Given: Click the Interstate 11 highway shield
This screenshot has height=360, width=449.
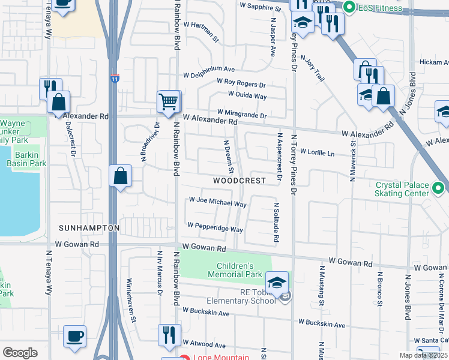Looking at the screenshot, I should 114,79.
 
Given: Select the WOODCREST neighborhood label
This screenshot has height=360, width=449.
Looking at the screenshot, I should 239,181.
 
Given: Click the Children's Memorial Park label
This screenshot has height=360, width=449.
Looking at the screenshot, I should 240,270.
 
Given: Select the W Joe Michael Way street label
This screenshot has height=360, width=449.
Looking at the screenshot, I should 217,202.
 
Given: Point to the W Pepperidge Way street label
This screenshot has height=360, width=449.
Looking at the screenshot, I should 215,227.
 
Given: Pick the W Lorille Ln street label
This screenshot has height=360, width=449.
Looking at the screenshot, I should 317,152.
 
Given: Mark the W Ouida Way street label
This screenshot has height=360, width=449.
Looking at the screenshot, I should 247,95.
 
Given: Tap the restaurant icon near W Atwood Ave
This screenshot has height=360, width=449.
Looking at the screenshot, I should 169,334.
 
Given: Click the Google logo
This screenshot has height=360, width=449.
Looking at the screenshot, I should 20,353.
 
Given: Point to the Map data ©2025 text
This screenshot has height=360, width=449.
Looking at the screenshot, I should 423,355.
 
